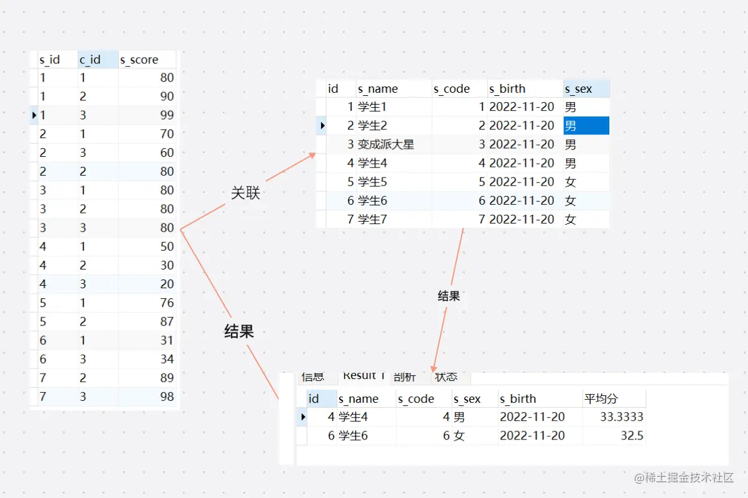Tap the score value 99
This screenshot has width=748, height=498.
coord(166,115)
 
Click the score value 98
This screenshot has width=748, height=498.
coord(166,397)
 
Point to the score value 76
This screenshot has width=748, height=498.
coord(166,303)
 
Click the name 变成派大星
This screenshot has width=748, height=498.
coord(386,144)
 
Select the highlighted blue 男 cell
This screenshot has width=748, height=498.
coord(586,126)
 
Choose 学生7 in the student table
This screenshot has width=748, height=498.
coord(373,219)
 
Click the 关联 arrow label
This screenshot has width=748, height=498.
coord(245,194)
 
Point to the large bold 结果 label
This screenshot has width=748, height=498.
coord(239,332)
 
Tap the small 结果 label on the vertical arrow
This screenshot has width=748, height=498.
coord(449,296)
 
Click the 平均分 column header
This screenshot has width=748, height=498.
coord(601,399)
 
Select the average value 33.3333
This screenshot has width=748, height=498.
coord(622,417)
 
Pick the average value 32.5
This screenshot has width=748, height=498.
coord(632,436)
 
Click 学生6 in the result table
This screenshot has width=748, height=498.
coord(353,436)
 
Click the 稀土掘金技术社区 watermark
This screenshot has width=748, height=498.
coord(685,478)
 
